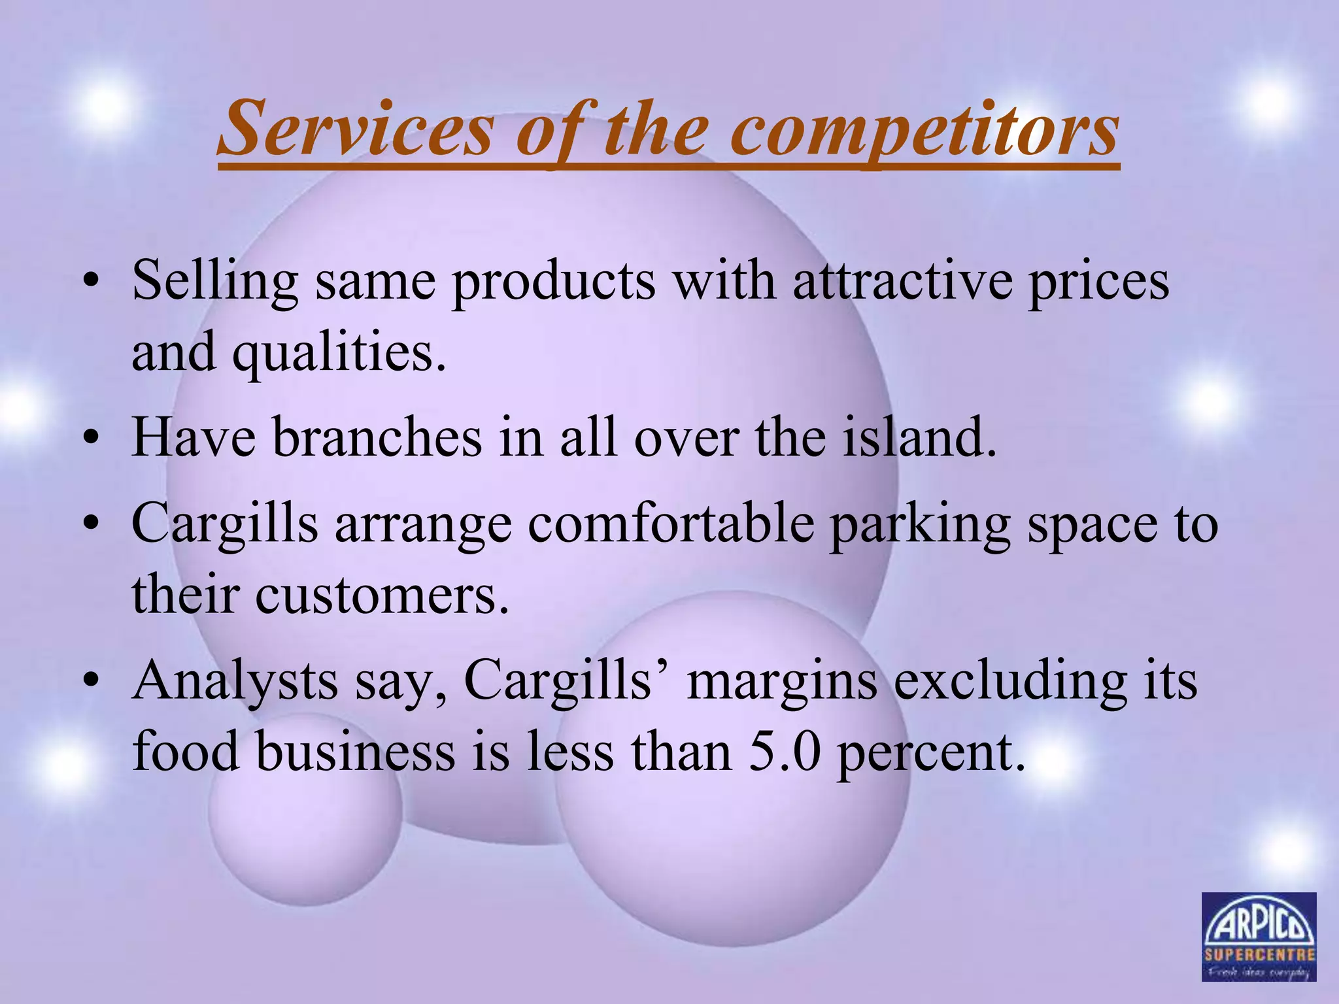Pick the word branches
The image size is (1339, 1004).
coord(377,437)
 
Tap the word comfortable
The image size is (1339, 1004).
coord(671,524)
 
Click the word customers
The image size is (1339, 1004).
coord(382,595)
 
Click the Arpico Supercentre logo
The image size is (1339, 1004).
coord(1259,937)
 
